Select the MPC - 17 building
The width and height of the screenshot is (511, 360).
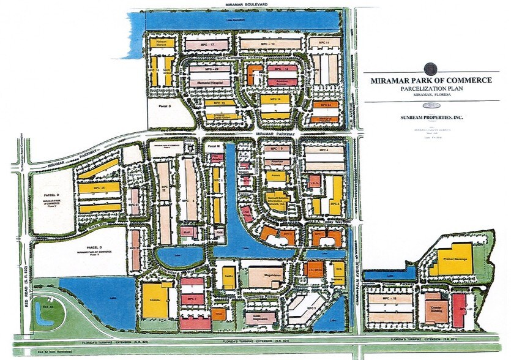pos(201,45)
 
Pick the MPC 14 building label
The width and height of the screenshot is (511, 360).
pos(274,99)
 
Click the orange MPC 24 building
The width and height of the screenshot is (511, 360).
pos(325,105)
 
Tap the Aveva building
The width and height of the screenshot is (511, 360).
pos(274,176)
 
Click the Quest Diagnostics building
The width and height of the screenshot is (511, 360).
pos(261,317)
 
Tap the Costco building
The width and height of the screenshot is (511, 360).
pos(155,300)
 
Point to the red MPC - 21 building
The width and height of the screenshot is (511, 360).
pos(460,310)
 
